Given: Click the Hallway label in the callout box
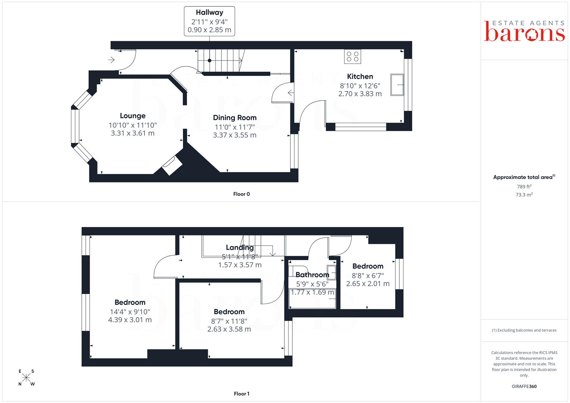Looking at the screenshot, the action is click(209, 12).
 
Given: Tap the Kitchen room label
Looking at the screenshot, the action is click(360, 76).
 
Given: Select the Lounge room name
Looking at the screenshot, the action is click(133, 116).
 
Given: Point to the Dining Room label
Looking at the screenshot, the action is click(235, 118).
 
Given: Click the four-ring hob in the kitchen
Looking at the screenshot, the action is click(352, 56).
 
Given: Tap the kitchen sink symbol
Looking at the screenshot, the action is click(397, 85).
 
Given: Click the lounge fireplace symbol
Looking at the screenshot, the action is click(172, 166).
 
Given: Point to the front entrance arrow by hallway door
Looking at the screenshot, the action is click(111, 60).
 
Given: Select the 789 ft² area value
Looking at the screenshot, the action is click(524, 187).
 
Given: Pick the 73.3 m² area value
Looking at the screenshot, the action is click(524, 195).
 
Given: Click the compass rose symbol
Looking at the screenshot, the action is click(26, 377).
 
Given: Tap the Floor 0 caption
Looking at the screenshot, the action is click(242, 194).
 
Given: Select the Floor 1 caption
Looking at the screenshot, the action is click(242, 394).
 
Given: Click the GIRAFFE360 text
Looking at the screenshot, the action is click(524, 387).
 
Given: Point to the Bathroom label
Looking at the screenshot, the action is click(312, 275).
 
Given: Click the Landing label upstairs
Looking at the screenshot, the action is click(240, 247).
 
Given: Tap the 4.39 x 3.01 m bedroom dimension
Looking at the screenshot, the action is click(130, 320).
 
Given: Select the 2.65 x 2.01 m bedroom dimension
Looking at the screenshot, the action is click(368, 284).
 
